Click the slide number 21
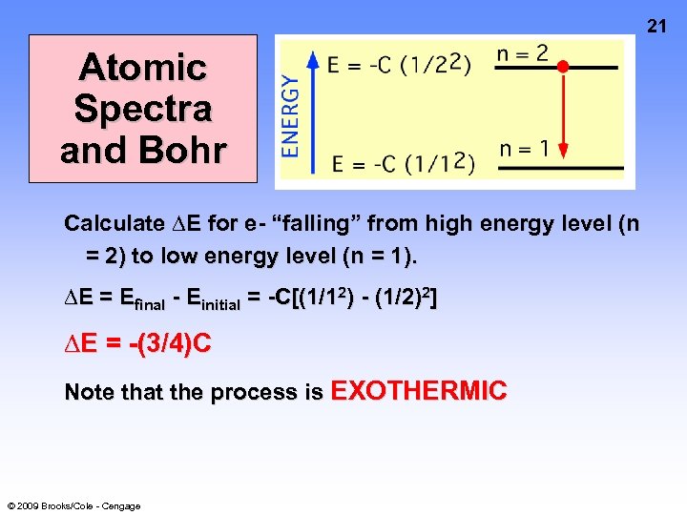pos(657,25)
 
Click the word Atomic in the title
pos(143,67)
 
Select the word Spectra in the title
pos(143,109)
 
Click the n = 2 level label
pos(523,53)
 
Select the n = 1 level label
pos(524,149)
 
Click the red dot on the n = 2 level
pos(563,67)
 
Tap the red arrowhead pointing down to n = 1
pos(563,150)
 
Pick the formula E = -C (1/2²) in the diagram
pos(399,67)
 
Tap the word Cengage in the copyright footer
pos(121,505)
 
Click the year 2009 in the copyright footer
pos(29,505)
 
